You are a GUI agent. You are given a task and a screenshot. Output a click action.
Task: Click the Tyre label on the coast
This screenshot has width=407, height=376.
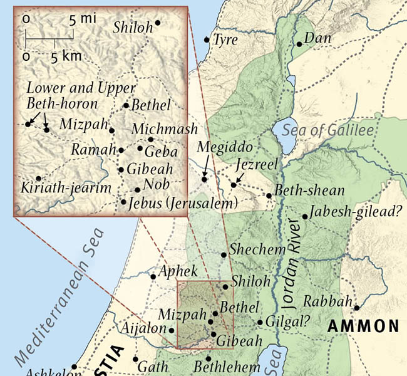tap(226, 41)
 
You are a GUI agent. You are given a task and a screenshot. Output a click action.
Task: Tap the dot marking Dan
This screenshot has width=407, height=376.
tap(300, 44)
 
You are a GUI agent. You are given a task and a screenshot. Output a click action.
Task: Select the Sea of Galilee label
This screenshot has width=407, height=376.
tap(327, 130)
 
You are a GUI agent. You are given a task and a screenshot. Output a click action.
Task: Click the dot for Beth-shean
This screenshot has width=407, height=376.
tap(269, 196)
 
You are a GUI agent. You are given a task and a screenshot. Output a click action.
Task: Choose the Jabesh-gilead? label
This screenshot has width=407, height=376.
tap(355, 212)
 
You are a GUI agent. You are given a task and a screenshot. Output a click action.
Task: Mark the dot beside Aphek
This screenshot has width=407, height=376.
tap(153, 276)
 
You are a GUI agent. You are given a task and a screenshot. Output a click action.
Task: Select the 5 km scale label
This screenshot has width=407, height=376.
tap(66, 56)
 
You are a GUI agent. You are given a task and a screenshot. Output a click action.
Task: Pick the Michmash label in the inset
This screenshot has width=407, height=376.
tap(165, 129)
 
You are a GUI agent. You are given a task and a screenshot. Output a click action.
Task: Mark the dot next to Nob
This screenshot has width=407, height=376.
tap(138, 189)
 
